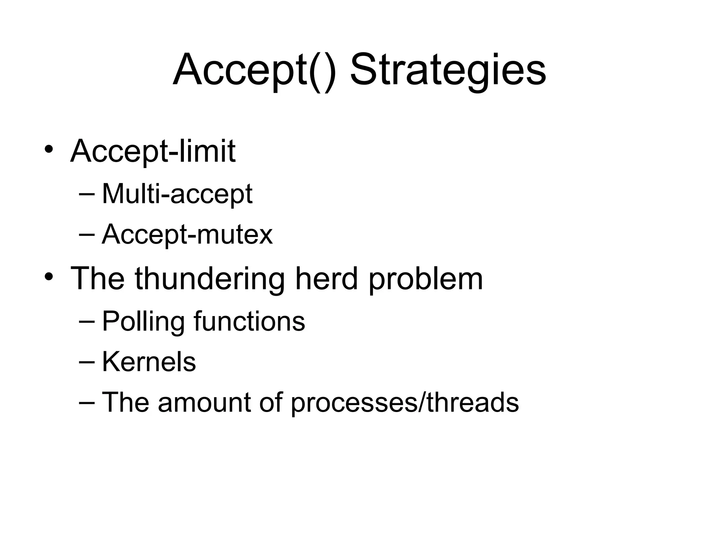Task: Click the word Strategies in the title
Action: (448, 70)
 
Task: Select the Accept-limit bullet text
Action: (153, 151)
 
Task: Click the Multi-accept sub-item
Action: (177, 194)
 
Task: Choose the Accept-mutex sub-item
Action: (187, 234)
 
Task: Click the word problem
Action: (426, 279)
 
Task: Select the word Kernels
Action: (149, 362)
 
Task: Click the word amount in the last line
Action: (204, 402)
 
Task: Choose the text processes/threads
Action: (405, 403)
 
